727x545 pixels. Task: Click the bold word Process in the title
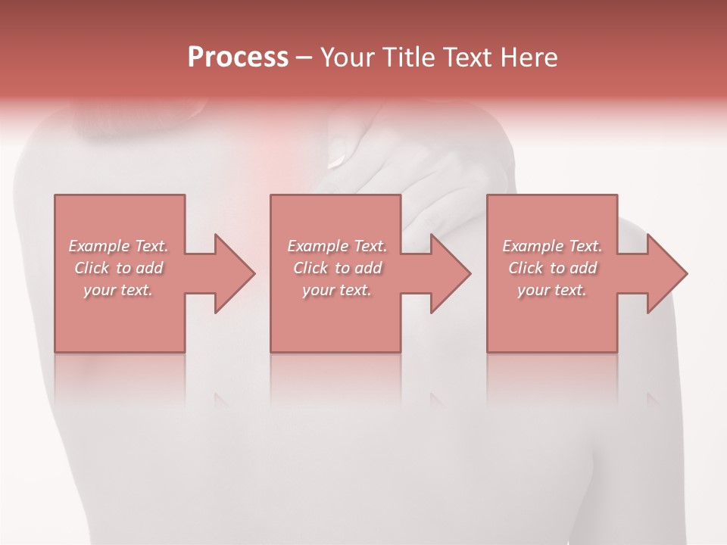[x=238, y=58]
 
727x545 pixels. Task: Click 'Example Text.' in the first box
[x=118, y=246]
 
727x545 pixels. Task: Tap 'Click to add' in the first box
[x=118, y=268]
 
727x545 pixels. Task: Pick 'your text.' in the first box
[x=118, y=290]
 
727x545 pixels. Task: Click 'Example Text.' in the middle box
[x=336, y=246]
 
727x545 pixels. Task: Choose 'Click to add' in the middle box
[x=336, y=268]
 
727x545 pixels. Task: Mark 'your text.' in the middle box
[x=336, y=290]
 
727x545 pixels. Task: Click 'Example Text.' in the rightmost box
[x=552, y=246]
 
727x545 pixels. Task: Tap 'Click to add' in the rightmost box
[x=552, y=268]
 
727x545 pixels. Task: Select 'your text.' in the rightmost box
[x=552, y=290]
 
